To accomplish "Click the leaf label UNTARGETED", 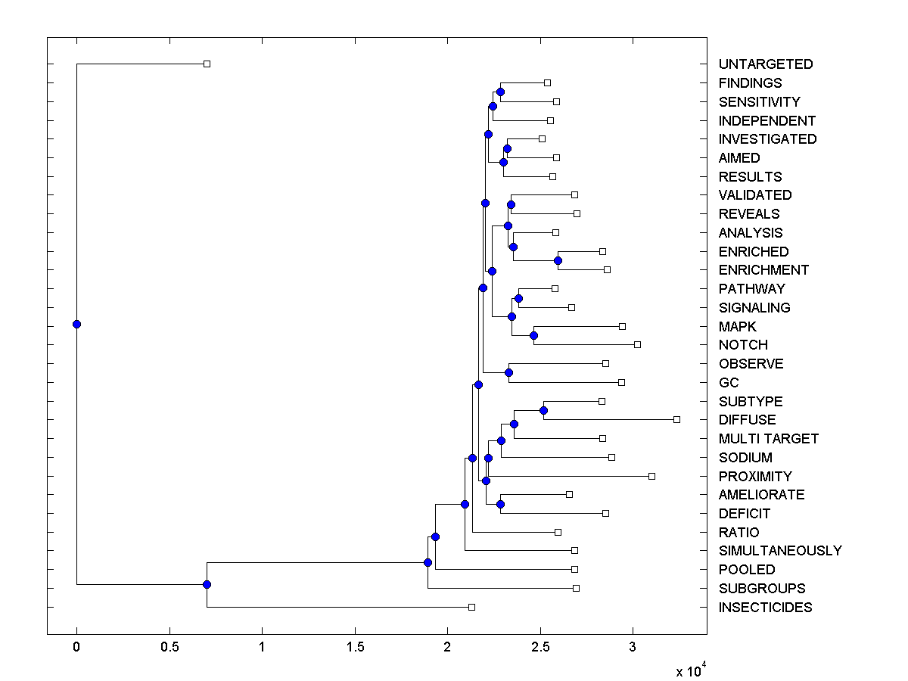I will coord(766,64).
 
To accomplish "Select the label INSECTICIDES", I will coord(765,608).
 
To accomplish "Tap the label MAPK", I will coord(738,326).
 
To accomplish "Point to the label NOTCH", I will coord(743,345).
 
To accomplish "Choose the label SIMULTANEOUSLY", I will coord(780,551).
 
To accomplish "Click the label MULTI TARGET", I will coord(769,439).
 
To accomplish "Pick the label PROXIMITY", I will coord(755,477).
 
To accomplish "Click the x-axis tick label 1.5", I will coord(355,647).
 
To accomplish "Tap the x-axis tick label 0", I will coord(76,647).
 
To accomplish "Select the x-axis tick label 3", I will coord(633,647).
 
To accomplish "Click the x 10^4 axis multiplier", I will coord(690,670).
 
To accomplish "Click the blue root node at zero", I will coord(76,324).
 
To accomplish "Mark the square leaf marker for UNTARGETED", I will coord(207,64).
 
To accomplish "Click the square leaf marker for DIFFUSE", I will coord(676,419).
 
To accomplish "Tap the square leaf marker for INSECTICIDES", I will coord(471,607).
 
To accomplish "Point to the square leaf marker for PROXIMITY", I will coord(651,476).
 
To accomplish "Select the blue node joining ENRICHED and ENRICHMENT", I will coord(558,260).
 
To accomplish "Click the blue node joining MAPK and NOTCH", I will coord(533,335).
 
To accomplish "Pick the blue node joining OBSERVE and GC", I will coord(508,372).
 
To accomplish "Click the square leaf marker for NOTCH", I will coord(637,344).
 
